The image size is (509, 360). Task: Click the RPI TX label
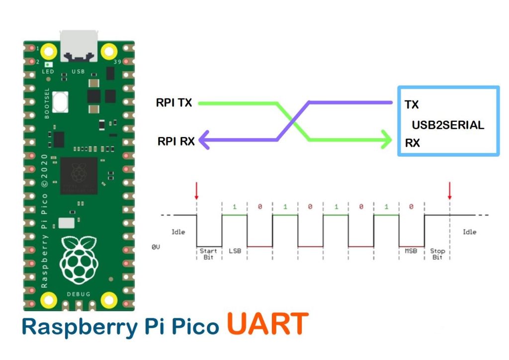pos(174,103)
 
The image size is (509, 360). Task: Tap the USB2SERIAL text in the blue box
pos(447,125)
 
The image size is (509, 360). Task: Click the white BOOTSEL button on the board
pos(60,102)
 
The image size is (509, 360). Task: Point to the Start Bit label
pos(208,254)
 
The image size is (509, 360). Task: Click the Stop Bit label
pos(437,254)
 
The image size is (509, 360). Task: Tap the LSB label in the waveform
pos(234,251)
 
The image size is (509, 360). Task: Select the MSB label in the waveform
pos(411,251)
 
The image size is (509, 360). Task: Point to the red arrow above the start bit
pos(197,191)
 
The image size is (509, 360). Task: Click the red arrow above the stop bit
pos(449,191)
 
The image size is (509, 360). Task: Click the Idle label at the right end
pos(470,232)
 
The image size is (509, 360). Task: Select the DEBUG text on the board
pos(78,295)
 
